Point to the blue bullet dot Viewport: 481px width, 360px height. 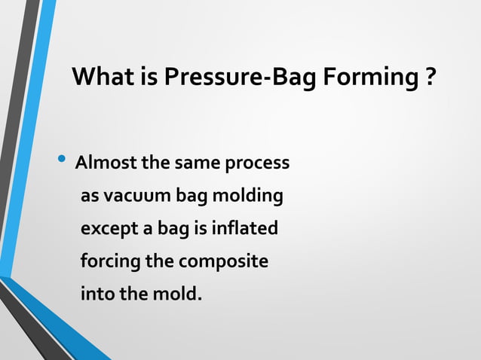(62, 160)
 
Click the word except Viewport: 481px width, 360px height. (107, 228)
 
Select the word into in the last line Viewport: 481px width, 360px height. (96, 293)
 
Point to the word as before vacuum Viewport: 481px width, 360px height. (90, 196)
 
